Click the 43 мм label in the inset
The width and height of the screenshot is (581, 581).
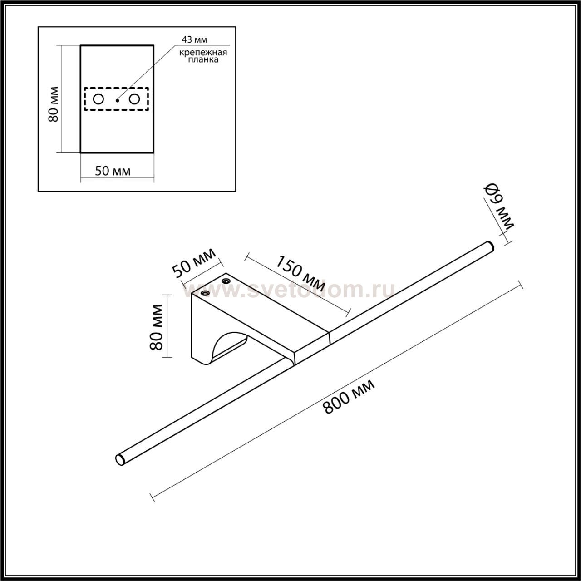tap(194, 39)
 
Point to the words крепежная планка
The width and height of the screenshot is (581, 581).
tap(203, 56)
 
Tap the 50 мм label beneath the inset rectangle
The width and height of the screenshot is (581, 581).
tap(113, 171)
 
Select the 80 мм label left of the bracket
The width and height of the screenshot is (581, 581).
tap(156, 327)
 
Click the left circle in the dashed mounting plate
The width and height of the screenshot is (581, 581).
tap(98, 99)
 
